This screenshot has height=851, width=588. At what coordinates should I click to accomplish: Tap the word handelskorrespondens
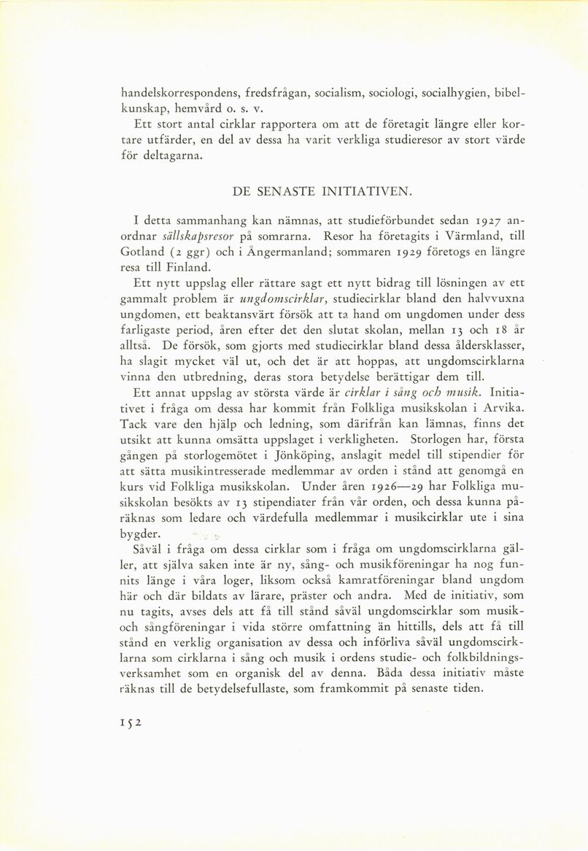click(187, 93)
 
